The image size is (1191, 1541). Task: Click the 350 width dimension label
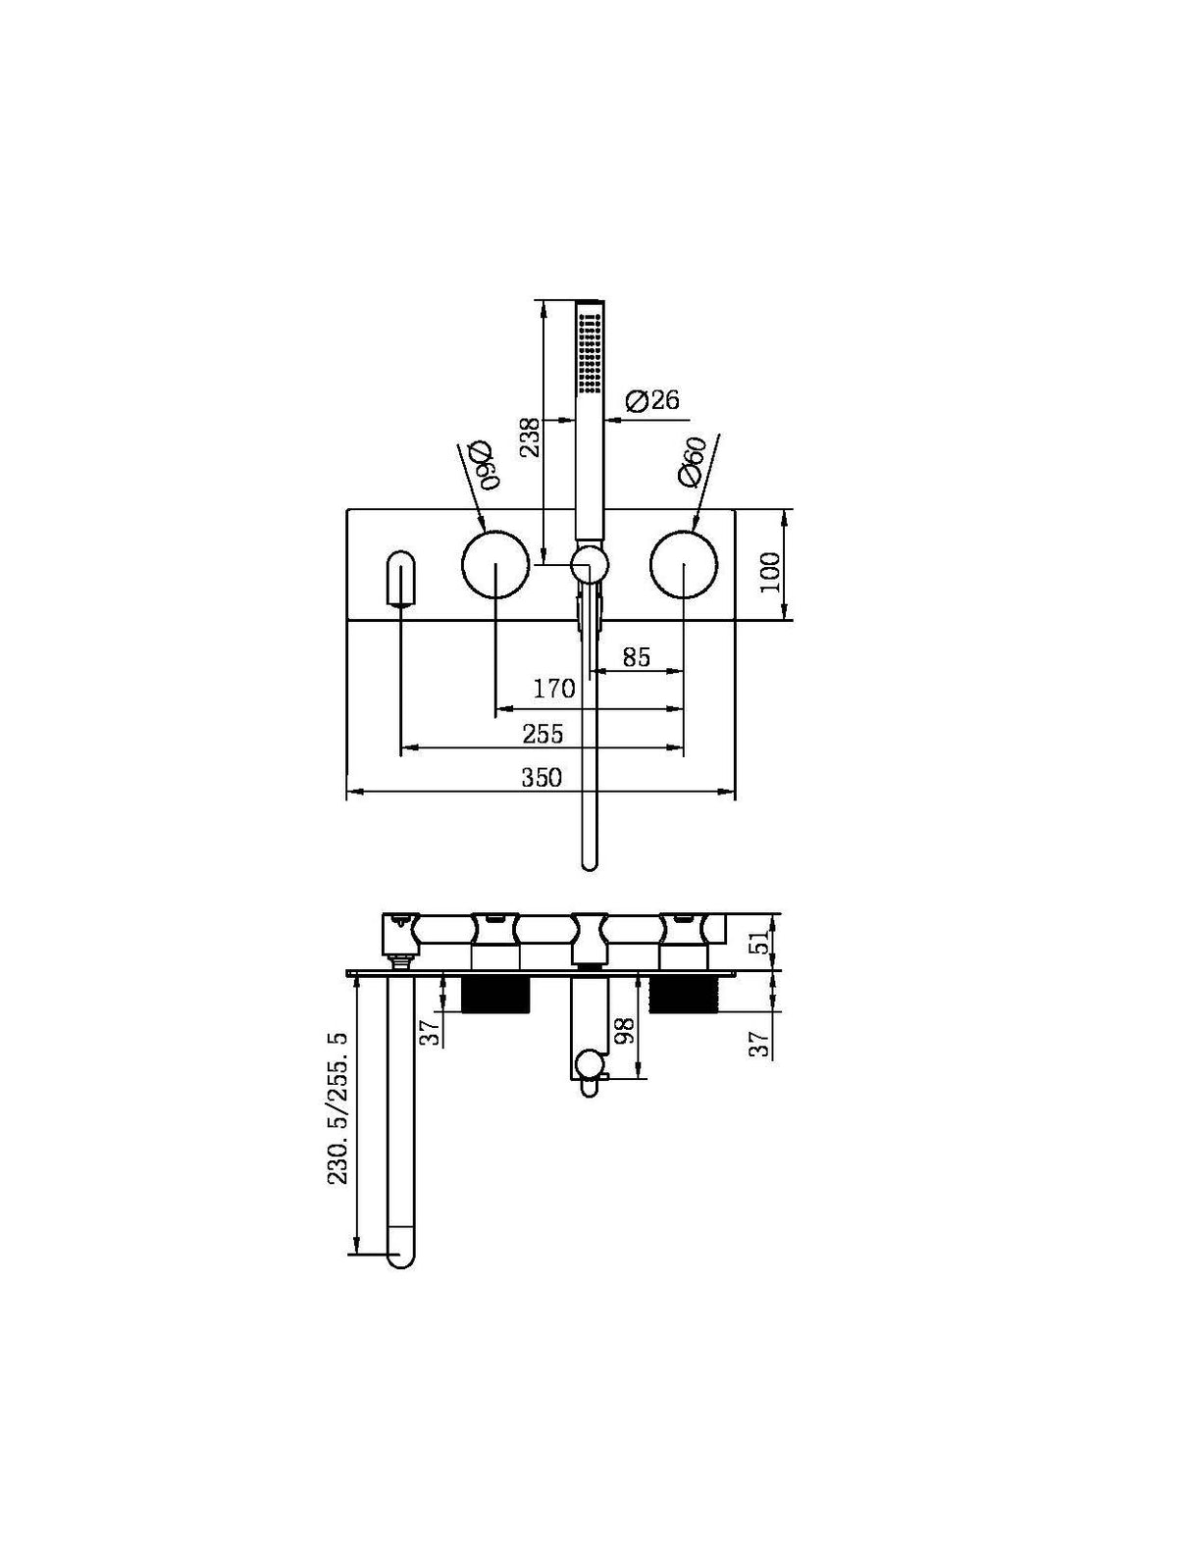click(x=541, y=778)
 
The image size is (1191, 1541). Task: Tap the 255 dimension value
click(x=543, y=734)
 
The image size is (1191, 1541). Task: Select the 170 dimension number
click(x=553, y=690)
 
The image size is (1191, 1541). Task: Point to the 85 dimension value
click(x=636, y=656)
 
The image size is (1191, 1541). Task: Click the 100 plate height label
click(x=770, y=571)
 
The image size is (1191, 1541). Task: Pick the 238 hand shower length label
click(x=530, y=437)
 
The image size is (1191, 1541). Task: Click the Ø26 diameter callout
click(x=651, y=400)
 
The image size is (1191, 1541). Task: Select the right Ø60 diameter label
click(x=693, y=461)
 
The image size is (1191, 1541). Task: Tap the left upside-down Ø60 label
click(x=482, y=463)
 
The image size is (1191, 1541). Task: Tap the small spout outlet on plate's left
click(x=401, y=581)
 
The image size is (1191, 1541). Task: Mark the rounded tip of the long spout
click(x=400, y=1256)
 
